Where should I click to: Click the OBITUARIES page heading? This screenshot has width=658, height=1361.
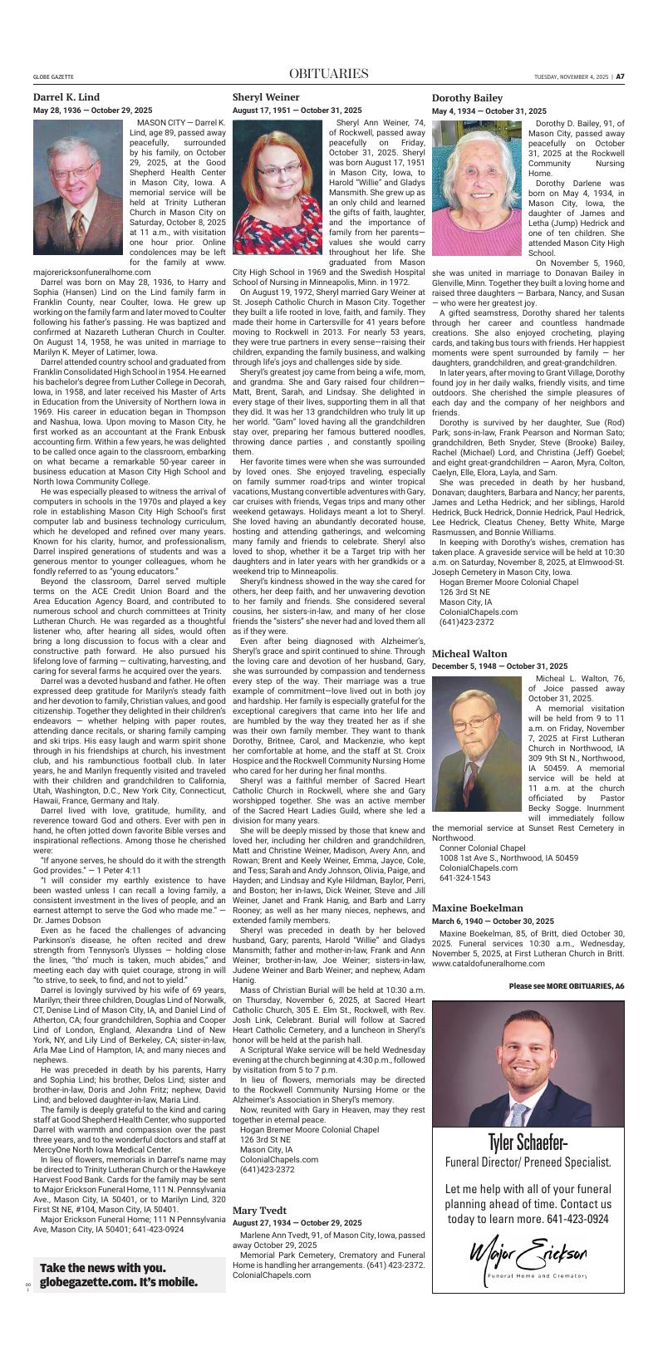tap(328, 75)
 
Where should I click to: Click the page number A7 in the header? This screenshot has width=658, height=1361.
tap(620, 76)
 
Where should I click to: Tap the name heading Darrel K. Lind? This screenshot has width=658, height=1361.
tap(66, 97)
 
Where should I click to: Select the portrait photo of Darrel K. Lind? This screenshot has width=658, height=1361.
tap(79, 187)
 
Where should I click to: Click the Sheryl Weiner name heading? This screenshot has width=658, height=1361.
tap(266, 97)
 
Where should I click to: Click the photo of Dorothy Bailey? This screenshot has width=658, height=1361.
tap(477, 187)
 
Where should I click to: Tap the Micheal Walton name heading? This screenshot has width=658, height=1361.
tap(469, 654)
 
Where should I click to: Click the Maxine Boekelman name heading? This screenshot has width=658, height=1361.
tap(477, 908)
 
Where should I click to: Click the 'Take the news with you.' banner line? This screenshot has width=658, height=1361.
tap(102, 1269)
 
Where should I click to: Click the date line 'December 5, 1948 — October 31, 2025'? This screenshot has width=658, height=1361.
tap(499, 666)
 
